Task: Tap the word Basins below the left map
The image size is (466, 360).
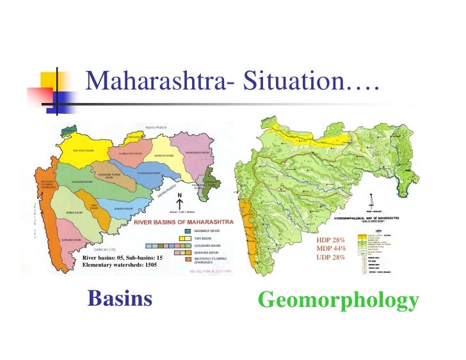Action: pyautogui.click(x=120, y=298)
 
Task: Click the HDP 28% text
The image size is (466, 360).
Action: pyautogui.click(x=331, y=240)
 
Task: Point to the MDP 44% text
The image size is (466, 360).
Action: pyautogui.click(x=331, y=248)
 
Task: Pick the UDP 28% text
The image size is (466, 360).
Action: pyautogui.click(x=331, y=257)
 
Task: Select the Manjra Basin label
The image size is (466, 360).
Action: pyautogui.click(x=124, y=208)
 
